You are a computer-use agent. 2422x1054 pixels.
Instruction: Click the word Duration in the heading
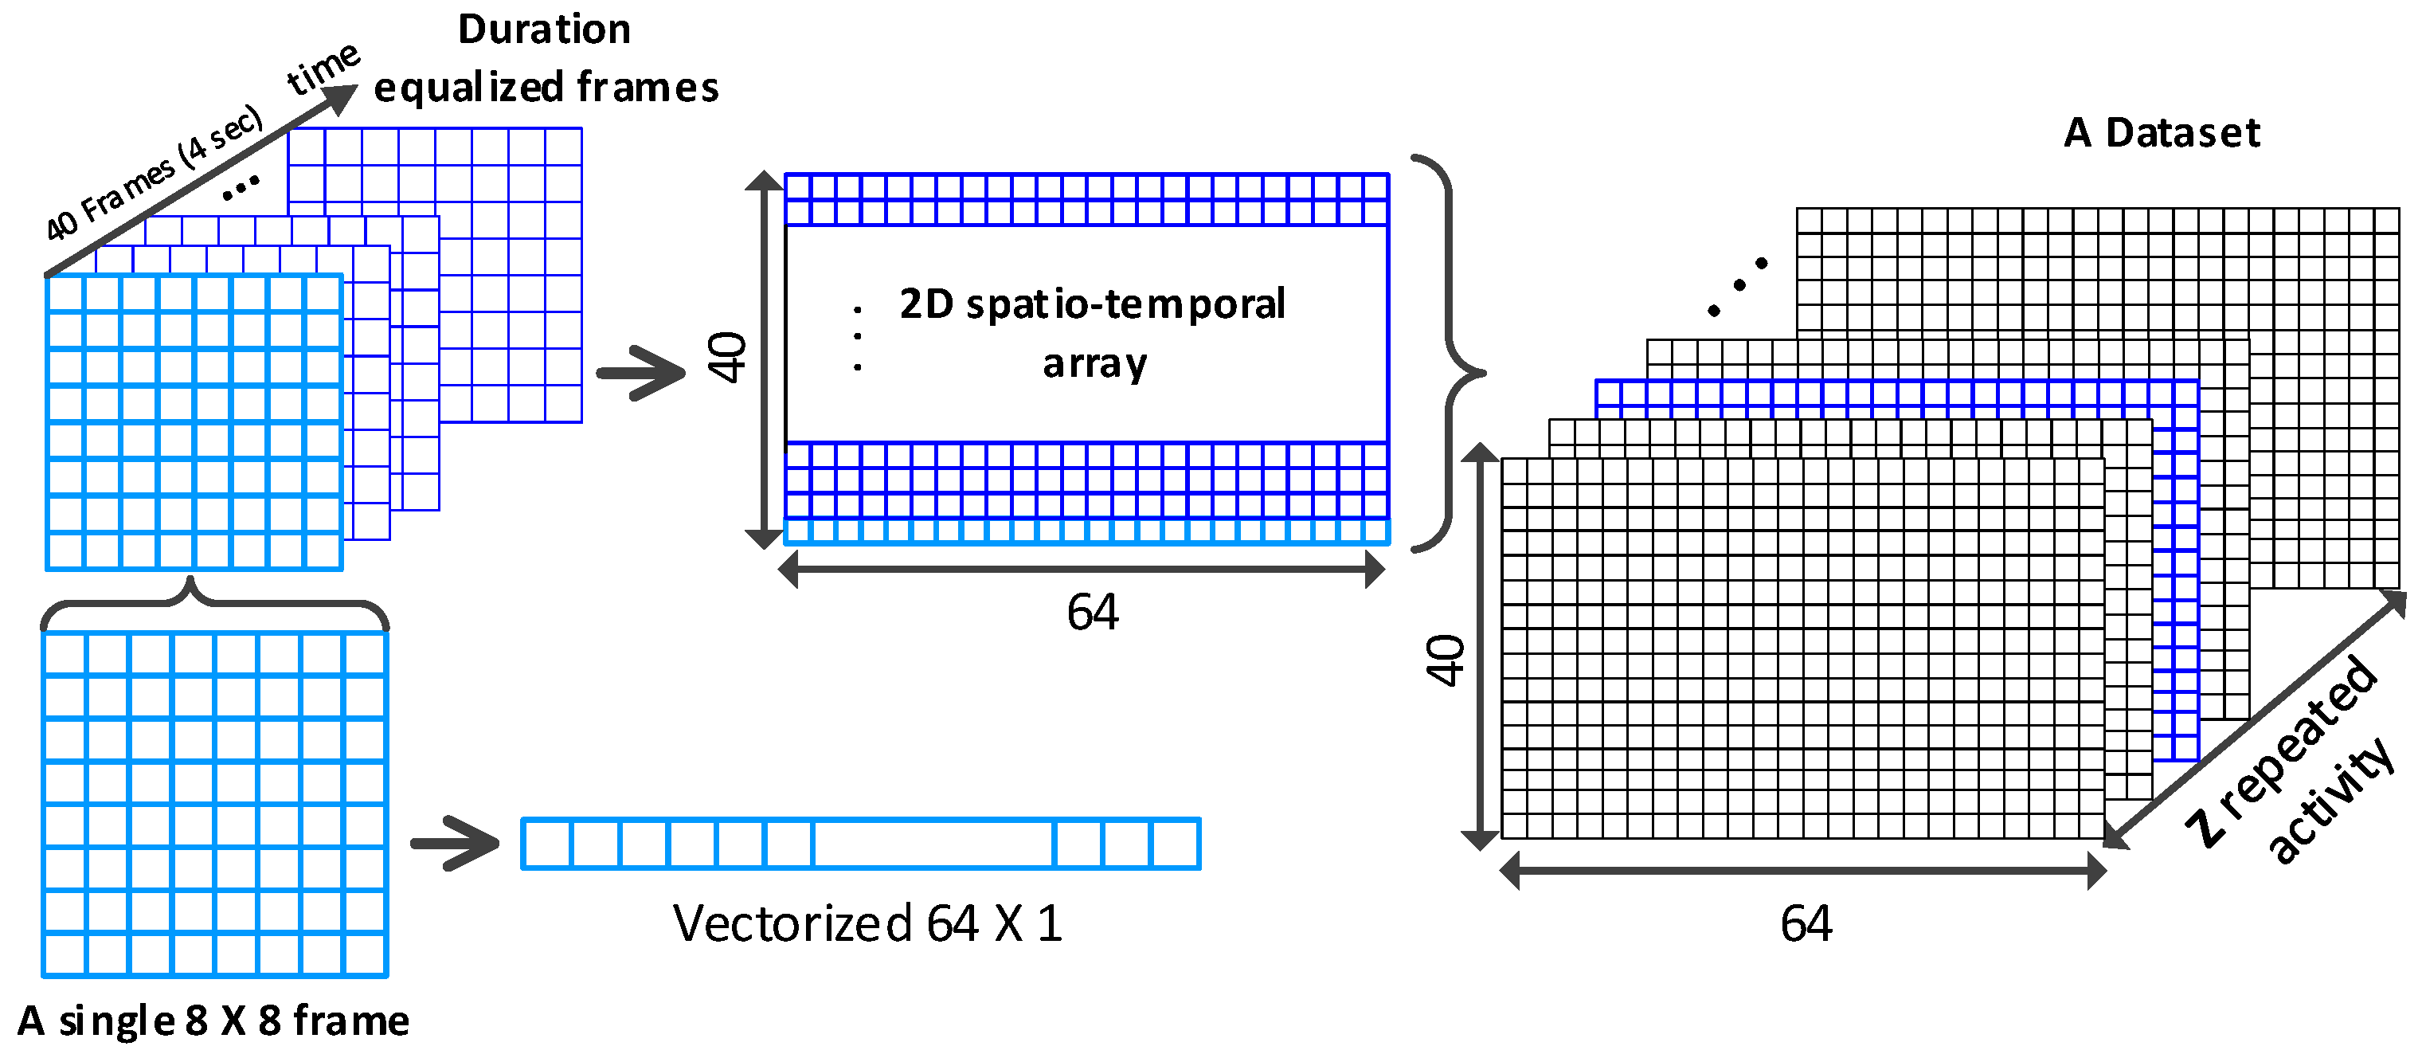point(543,30)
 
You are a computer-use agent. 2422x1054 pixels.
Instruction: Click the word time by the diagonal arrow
point(323,68)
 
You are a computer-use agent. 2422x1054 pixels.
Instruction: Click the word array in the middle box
point(1094,363)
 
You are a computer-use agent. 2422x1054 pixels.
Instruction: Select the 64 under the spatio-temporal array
point(1092,612)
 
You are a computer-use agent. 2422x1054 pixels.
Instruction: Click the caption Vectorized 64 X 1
point(867,923)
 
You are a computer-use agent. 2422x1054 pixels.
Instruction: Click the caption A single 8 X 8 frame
point(213,1021)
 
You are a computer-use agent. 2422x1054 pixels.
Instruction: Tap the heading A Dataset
point(2161,132)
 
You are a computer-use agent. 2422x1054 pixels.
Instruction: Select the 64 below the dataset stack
point(1806,923)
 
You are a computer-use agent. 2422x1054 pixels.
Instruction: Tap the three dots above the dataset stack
point(1738,286)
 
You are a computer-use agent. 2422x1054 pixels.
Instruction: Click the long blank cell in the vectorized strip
point(932,844)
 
